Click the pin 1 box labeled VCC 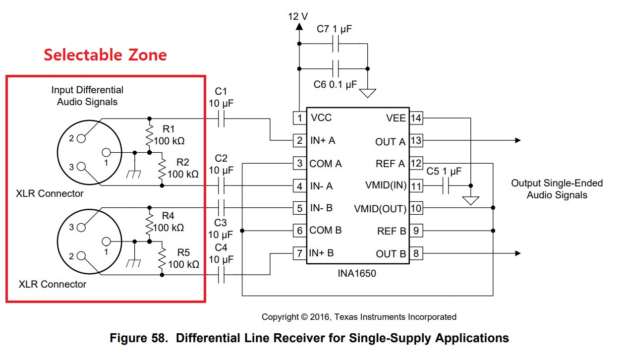click(x=299, y=118)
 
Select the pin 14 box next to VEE click(x=416, y=118)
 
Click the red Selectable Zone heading click(x=105, y=55)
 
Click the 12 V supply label click(x=298, y=16)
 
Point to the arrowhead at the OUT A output click(x=517, y=141)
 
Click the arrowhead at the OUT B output click(x=517, y=253)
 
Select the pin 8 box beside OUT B click(x=416, y=254)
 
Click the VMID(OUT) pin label click(x=380, y=208)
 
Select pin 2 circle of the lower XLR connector click(x=81, y=256)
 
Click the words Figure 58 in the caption click(x=137, y=338)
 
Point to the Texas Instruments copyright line click(x=359, y=317)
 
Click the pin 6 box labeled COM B click(x=299, y=231)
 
